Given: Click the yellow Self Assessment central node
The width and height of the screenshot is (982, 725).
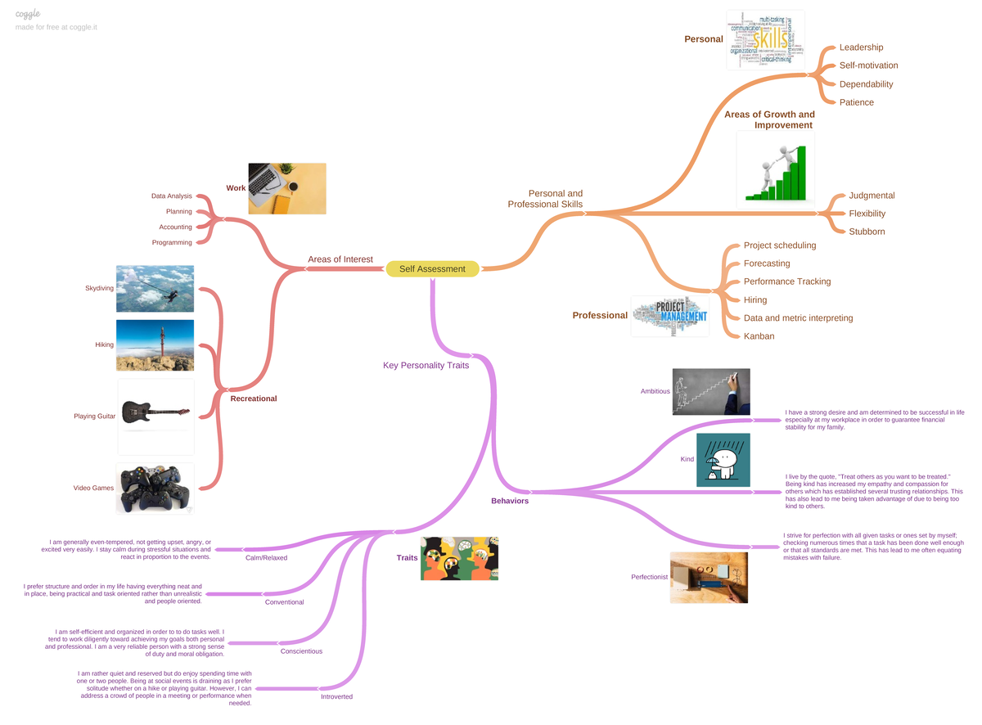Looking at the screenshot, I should click(x=432, y=268).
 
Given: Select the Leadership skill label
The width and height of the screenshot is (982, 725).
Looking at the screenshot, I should click(x=861, y=47).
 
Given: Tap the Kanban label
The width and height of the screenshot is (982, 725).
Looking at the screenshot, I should click(x=759, y=336).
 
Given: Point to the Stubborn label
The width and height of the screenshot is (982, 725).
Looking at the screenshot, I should click(x=867, y=232).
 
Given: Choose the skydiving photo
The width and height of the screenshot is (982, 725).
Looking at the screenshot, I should click(x=155, y=288).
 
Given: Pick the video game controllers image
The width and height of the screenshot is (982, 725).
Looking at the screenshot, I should click(x=155, y=489).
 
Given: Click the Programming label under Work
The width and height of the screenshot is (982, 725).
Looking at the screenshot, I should click(x=172, y=242).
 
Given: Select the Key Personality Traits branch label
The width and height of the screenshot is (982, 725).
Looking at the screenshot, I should click(x=426, y=365).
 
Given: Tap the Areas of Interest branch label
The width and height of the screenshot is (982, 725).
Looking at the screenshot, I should click(x=340, y=259).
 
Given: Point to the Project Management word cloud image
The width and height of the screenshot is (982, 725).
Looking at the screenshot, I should click(x=669, y=316).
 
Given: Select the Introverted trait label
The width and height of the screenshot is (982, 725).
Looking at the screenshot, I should click(x=336, y=696).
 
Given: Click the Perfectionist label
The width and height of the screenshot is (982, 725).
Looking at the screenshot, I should click(x=649, y=577).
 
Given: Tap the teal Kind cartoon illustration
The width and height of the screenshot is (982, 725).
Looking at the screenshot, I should click(x=723, y=460).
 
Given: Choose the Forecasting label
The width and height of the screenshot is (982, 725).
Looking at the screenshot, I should click(x=767, y=263).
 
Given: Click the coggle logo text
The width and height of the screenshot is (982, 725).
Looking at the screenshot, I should click(x=28, y=14).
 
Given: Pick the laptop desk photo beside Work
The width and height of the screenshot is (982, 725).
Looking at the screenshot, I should click(x=286, y=188).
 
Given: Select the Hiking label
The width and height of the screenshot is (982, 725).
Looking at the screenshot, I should click(x=104, y=344).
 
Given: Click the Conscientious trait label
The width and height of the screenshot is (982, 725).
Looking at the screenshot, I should click(x=301, y=651).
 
